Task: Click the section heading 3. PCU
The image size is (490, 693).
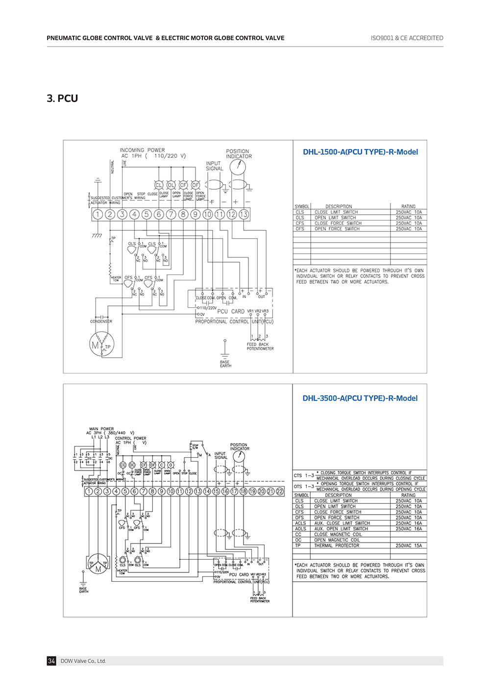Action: pos(62,99)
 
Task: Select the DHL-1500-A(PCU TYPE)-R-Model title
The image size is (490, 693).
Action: pos(360,152)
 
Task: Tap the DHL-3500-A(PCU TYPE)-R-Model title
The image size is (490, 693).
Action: pos(360,398)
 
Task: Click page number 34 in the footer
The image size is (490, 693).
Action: pos(51,661)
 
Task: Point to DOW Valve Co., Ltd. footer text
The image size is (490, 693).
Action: pos(83,661)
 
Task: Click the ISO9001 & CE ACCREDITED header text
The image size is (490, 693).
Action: pos(407,38)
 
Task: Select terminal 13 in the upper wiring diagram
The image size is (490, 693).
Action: pos(244,214)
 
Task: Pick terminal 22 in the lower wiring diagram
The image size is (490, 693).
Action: pos(280,491)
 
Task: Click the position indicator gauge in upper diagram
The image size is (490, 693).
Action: pos(238,167)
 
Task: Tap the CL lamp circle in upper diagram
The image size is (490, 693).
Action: pos(159,185)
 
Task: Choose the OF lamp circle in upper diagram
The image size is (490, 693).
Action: pos(196,185)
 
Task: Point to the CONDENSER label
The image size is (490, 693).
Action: pos(101,322)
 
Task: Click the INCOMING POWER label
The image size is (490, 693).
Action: pos(142,150)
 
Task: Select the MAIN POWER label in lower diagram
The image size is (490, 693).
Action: pos(101,429)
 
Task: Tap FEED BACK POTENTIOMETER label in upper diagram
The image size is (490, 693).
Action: pos(260,346)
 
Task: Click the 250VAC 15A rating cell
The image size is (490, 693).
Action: pos(408,545)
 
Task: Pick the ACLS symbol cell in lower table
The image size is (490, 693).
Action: pos(300,523)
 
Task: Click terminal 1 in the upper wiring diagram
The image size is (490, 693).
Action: pos(98,214)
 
